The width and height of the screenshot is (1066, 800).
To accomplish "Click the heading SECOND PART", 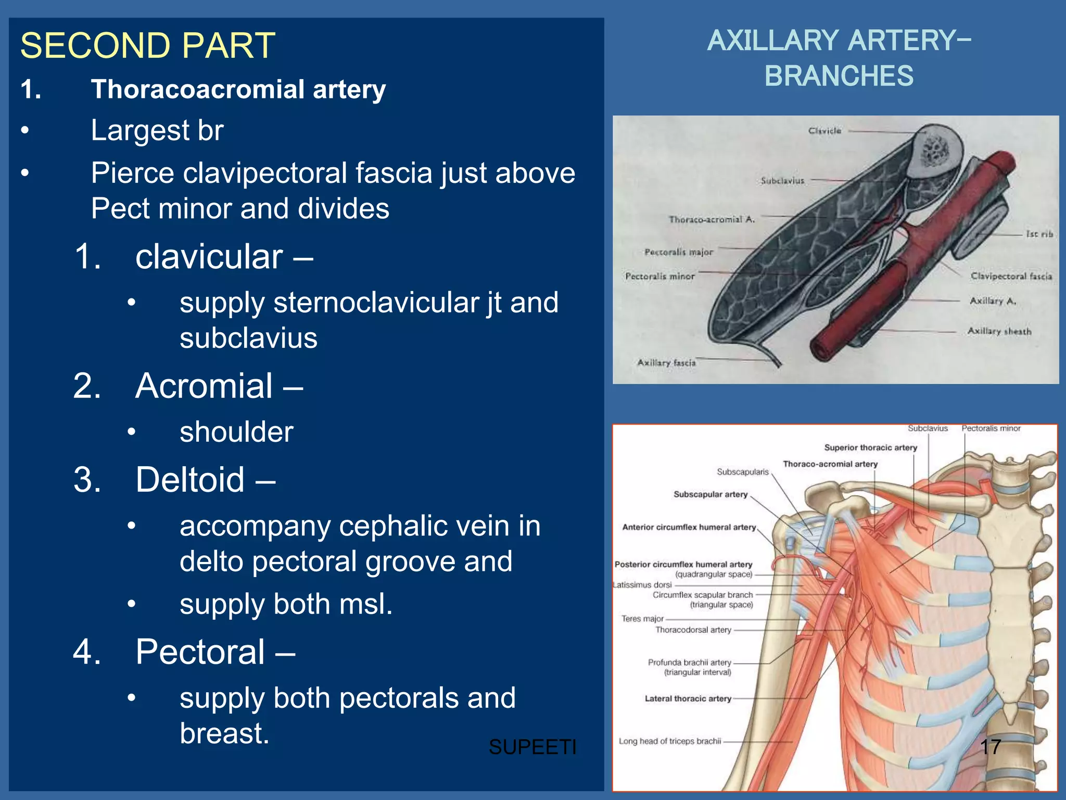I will pos(147,46).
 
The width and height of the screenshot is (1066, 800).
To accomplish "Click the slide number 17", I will pos(990,747).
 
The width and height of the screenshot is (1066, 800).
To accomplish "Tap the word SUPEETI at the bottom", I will pos(532,747).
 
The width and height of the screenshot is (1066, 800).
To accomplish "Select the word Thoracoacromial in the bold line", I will pos(198,89).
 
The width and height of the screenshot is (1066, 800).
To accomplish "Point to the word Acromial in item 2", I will pos(204,386).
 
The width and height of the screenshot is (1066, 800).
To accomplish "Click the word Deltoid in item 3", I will pos(190,480).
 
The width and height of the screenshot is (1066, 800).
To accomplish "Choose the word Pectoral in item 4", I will pos(200,652).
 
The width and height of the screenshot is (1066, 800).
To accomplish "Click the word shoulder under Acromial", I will pos(236,432).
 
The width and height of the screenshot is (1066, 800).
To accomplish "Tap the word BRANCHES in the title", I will pos(839,76).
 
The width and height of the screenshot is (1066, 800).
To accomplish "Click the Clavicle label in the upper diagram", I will pos(824,131).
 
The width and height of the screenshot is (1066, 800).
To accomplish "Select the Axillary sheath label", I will pos(999,331).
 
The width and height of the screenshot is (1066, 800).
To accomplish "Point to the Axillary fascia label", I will pos(666,362).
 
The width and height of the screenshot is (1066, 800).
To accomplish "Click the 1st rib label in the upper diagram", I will pos(1039,234).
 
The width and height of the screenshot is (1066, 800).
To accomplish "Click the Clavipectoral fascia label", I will pos(1011,276).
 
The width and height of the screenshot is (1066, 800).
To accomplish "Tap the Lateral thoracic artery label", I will pos(688,699).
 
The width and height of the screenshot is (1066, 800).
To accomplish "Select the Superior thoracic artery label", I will pos(870,447).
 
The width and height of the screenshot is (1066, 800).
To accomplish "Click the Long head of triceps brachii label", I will pos(669,741).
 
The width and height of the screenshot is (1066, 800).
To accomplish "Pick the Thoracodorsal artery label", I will pos(693,630).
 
